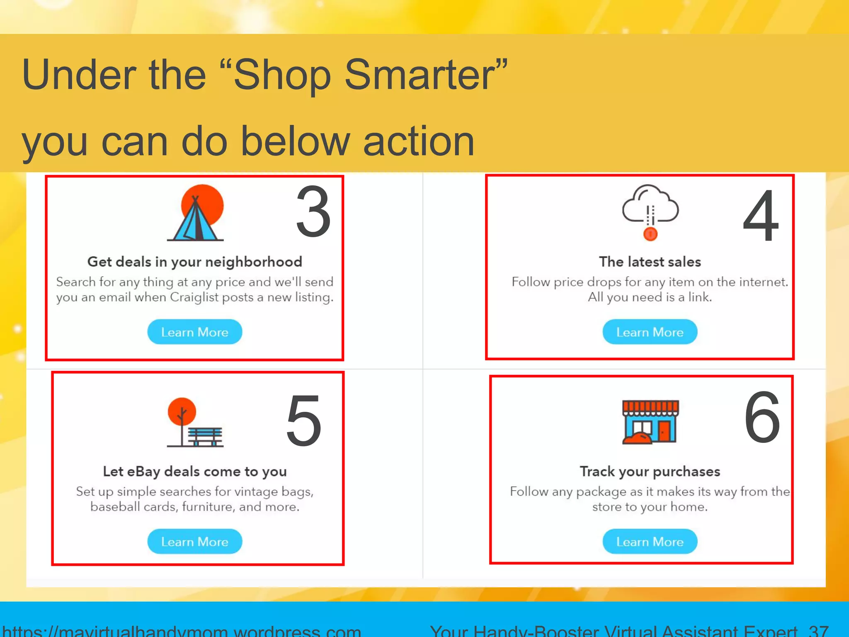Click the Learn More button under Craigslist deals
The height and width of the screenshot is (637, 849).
(x=194, y=332)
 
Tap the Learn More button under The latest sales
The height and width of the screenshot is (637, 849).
(x=650, y=332)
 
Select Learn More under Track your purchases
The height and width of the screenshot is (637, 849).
(x=650, y=541)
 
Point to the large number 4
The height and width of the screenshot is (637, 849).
(x=761, y=216)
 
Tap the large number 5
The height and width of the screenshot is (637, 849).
(x=304, y=421)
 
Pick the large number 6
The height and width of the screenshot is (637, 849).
(x=762, y=418)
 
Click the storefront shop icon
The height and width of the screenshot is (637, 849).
(x=650, y=422)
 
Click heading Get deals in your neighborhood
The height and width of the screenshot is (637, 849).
(x=194, y=262)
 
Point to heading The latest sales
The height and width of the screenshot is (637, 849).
(x=650, y=262)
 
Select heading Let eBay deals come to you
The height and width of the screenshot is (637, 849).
(x=194, y=472)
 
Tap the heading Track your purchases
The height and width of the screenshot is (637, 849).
(x=650, y=472)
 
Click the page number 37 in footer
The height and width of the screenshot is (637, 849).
(x=818, y=630)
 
